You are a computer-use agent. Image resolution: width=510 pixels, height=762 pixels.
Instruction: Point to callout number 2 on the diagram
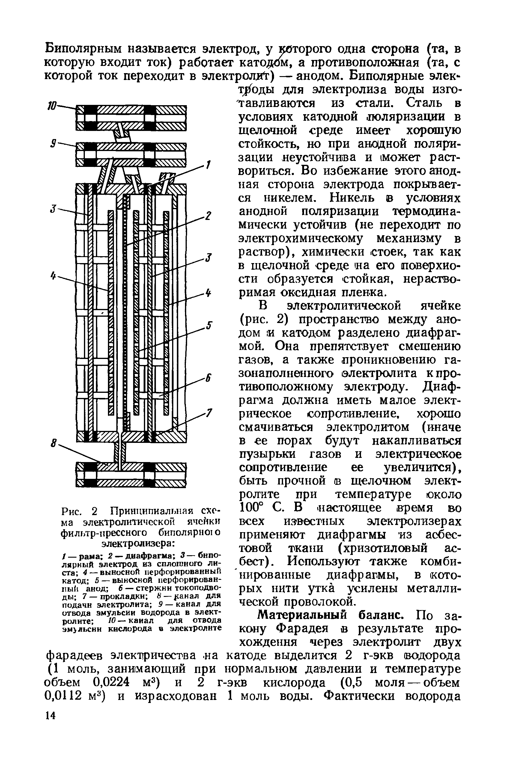(208, 216)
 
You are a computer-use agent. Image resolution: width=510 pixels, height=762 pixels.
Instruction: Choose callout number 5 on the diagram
(210, 325)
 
